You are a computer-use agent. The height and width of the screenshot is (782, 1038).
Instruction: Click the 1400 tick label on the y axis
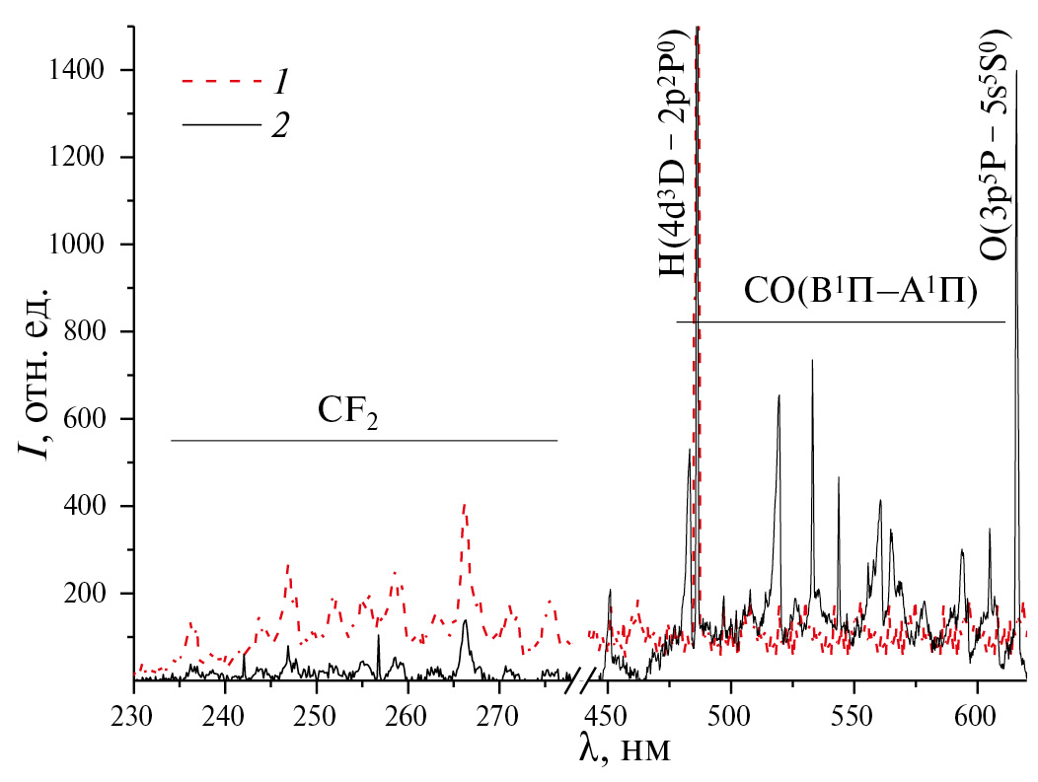coord(89,70)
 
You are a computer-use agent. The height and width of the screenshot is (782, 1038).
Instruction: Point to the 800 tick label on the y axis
coord(96,332)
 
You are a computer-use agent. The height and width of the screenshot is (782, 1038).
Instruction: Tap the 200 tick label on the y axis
coord(96,594)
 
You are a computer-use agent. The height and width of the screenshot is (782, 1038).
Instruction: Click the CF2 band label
coord(348,413)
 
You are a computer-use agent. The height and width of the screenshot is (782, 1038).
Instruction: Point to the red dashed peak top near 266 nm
coord(464,505)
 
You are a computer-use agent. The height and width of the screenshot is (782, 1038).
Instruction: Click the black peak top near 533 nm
coord(812,361)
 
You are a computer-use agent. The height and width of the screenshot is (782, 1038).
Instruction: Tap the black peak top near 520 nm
coord(779,396)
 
